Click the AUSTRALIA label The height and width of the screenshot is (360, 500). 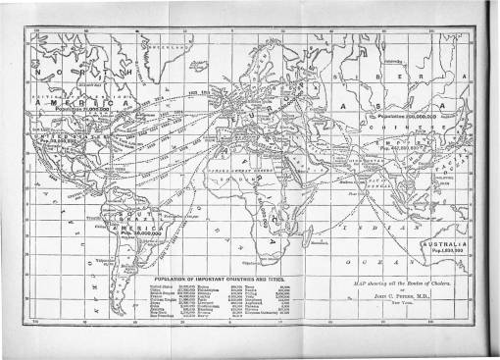tap(448, 242)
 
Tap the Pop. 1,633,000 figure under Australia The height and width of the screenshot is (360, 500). tap(447, 251)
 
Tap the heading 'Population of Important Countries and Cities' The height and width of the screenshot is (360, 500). tap(217, 279)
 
